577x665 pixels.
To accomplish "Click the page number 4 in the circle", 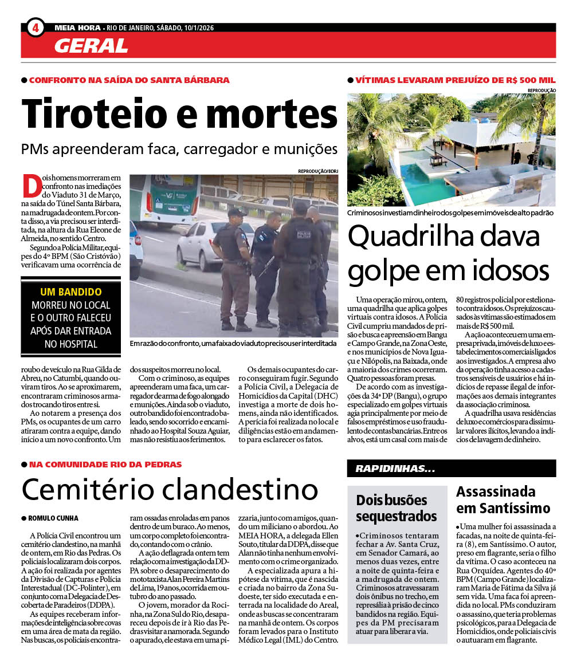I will (x=35, y=27).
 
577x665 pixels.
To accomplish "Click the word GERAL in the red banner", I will (x=91, y=46).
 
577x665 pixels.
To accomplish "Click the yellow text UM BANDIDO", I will (x=70, y=292).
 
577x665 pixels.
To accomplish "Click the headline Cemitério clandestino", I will (x=170, y=490).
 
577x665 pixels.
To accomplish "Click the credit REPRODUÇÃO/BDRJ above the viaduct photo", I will (x=317, y=171).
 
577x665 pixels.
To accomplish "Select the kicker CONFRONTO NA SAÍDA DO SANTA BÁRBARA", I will (x=129, y=80).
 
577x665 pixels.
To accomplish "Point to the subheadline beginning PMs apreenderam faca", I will (x=179, y=150).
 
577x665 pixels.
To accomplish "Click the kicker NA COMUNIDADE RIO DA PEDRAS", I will (x=105, y=465).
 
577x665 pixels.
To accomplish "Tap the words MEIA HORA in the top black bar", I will (x=77, y=27).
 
